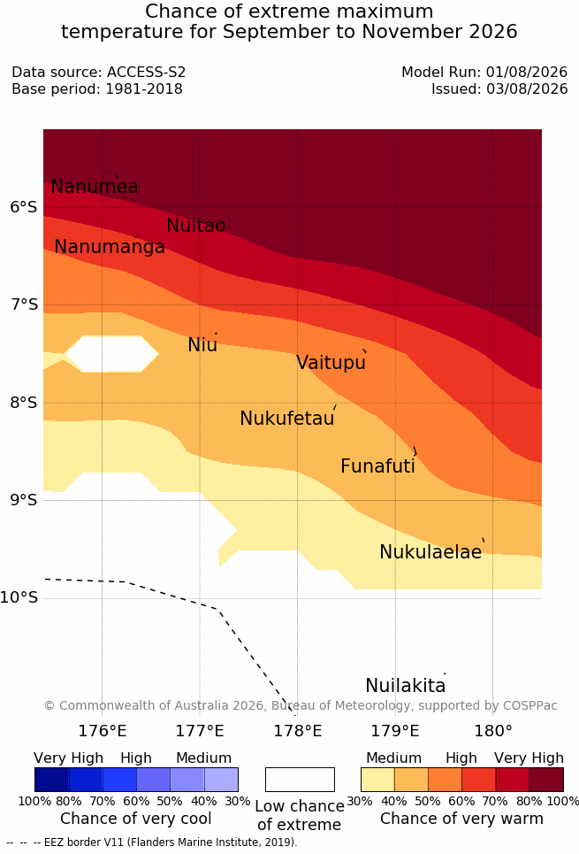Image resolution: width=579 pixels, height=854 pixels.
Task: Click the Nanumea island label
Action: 94,186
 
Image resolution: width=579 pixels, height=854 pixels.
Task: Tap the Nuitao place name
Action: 196,225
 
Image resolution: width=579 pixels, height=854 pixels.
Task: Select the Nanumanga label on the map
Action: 110,247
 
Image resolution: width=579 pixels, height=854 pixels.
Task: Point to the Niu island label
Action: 202,344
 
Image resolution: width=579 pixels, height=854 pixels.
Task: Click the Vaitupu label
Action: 331,362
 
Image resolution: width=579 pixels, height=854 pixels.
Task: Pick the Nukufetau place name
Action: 286,418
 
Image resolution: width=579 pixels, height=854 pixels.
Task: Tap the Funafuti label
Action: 377,465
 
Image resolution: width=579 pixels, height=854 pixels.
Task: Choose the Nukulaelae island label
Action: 430,551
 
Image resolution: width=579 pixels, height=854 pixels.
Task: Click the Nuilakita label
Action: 406,685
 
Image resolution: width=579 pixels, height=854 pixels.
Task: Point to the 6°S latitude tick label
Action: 24,207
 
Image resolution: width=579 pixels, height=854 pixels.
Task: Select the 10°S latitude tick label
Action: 19,597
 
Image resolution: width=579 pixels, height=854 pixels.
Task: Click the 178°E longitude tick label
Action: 298,730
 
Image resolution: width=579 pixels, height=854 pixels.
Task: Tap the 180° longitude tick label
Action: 493,730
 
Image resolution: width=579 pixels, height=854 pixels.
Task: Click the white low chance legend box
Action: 300,780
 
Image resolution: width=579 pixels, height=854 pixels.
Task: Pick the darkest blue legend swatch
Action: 51,780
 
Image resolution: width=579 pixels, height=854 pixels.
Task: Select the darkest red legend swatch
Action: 546,780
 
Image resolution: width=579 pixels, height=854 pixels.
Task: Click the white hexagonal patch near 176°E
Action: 111,354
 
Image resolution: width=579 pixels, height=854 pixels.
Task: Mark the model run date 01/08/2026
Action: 527,72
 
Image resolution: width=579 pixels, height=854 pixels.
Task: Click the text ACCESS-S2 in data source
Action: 147,72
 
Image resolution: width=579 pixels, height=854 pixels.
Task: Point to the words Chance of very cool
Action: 136,819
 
